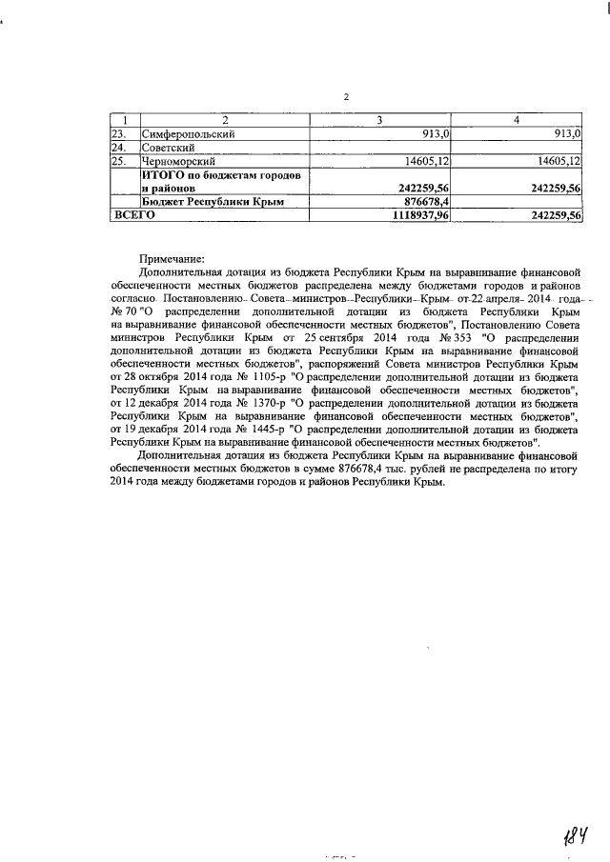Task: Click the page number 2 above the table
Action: [x=346, y=97]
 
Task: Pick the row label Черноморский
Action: [x=180, y=162]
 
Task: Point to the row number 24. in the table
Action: [x=119, y=149]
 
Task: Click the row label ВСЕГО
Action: [x=134, y=216]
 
